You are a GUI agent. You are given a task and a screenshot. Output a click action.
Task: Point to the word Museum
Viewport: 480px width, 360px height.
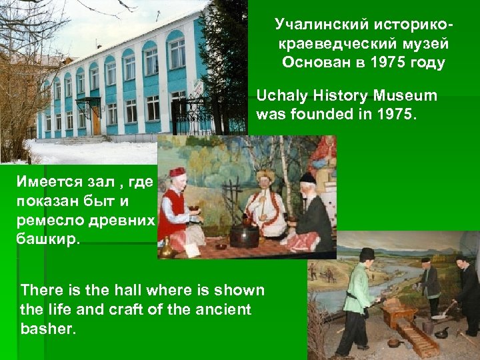pyautogui.click(x=406, y=95)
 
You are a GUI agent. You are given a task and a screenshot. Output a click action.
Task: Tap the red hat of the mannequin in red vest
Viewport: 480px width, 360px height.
pyautogui.click(x=177, y=172)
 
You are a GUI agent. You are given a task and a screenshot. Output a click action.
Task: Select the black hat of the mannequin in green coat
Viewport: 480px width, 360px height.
pyautogui.click(x=367, y=253)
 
